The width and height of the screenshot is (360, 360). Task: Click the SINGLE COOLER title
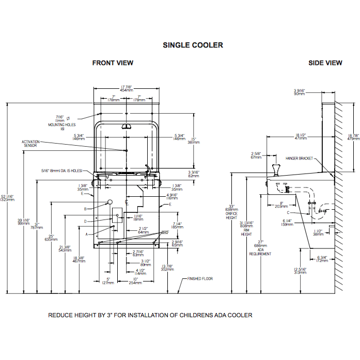(193, 45)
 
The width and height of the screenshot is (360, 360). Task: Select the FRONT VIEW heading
(113, 63)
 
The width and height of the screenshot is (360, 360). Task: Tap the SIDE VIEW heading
(325, 63)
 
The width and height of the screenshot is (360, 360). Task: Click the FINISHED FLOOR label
(201, 278)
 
